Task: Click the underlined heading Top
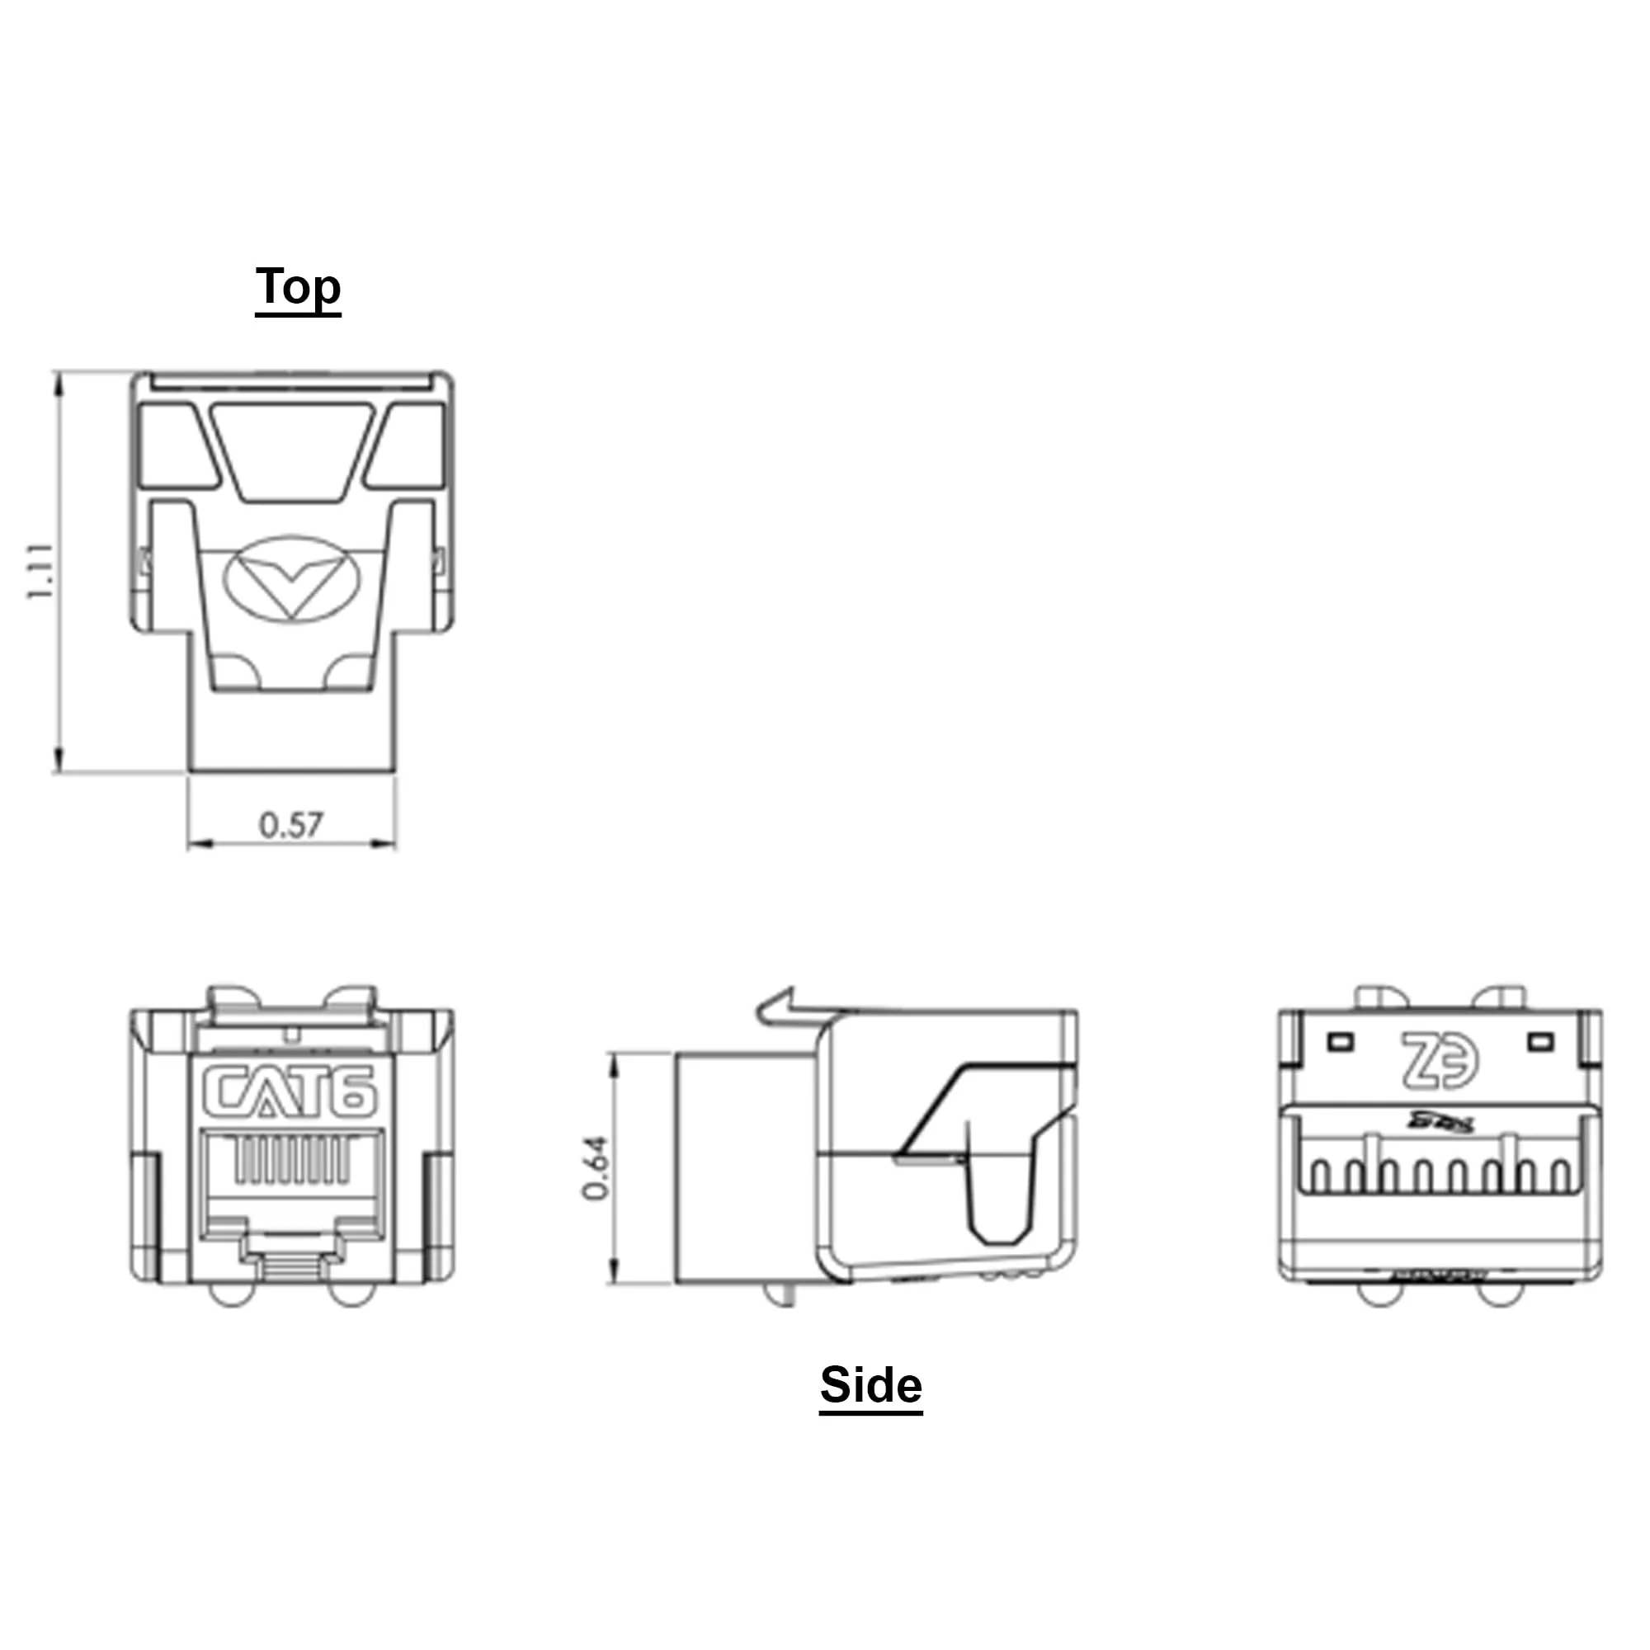click(298, 288)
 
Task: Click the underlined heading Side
click(870, 1384)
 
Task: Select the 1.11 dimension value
click(40, 571)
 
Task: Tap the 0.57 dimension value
click(291, 825)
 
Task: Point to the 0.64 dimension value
click(596, 1167)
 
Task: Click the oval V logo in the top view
click(292, 580)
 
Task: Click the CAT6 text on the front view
click(289, 1092)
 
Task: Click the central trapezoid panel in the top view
click(292, 451)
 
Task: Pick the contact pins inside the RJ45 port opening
click(292, 1160)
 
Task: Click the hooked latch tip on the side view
click(777, 1005)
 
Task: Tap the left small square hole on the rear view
click(1341, 1042)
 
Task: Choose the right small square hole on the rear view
click(1540, 1042)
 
